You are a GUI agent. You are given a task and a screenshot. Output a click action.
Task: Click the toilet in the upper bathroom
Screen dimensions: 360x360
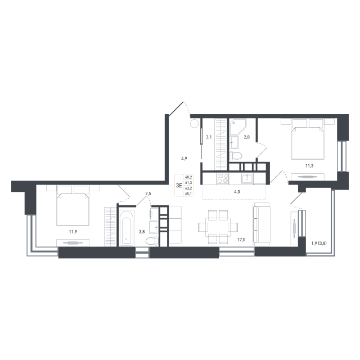[x=237, y=155]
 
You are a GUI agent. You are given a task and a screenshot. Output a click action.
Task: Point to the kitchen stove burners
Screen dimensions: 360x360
[x=221, y=178]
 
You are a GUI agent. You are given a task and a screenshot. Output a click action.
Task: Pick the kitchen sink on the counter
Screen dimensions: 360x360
[x=246, y=178]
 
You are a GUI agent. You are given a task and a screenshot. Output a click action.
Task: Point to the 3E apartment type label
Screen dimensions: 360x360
[x=179, y=184]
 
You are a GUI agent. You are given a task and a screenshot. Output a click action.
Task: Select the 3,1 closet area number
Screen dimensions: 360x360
[x=208, y=137]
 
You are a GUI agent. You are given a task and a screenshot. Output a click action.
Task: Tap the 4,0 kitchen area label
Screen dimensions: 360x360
[x=237, y=192]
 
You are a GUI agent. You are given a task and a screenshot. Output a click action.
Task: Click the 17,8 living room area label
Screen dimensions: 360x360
[x=241, y=240]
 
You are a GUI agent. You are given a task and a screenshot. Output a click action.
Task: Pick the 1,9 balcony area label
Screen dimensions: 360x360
[x=319, y=244]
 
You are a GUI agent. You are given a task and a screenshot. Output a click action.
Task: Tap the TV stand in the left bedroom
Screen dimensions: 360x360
[x=74, y=242]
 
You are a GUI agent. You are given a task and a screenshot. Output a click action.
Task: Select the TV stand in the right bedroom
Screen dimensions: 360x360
[x=307, y=177]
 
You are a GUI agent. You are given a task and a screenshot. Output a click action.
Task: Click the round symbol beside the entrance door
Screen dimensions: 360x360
[x=194, y=123]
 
